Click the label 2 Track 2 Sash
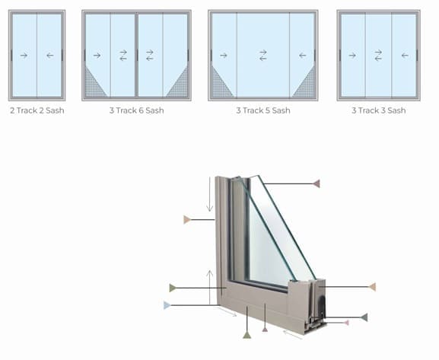[x=37, y=110]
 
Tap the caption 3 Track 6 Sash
[x=137, y=110]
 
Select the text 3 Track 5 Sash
[x=263, y=110]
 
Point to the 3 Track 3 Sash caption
[x=379, y=110]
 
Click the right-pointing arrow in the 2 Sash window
[x=24, y=56]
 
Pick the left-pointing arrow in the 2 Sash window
[x=50, y=56]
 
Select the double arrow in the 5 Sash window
[x=263, y=56]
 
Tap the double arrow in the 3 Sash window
[x=378, y=56]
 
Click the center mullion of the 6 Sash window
[x=137, y=56]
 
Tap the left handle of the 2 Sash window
[x=11, y=56]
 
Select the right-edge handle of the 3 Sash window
[x=417, y=56]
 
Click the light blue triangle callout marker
[x=167, y=305]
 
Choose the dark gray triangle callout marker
[x=364, y=317]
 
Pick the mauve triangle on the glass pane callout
[x=317, y=183]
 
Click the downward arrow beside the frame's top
[x=210, y=194]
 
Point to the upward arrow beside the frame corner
[x=210, y=287]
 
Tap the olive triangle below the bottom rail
[x=247, y=335]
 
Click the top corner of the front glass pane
[x=259, y=176]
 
